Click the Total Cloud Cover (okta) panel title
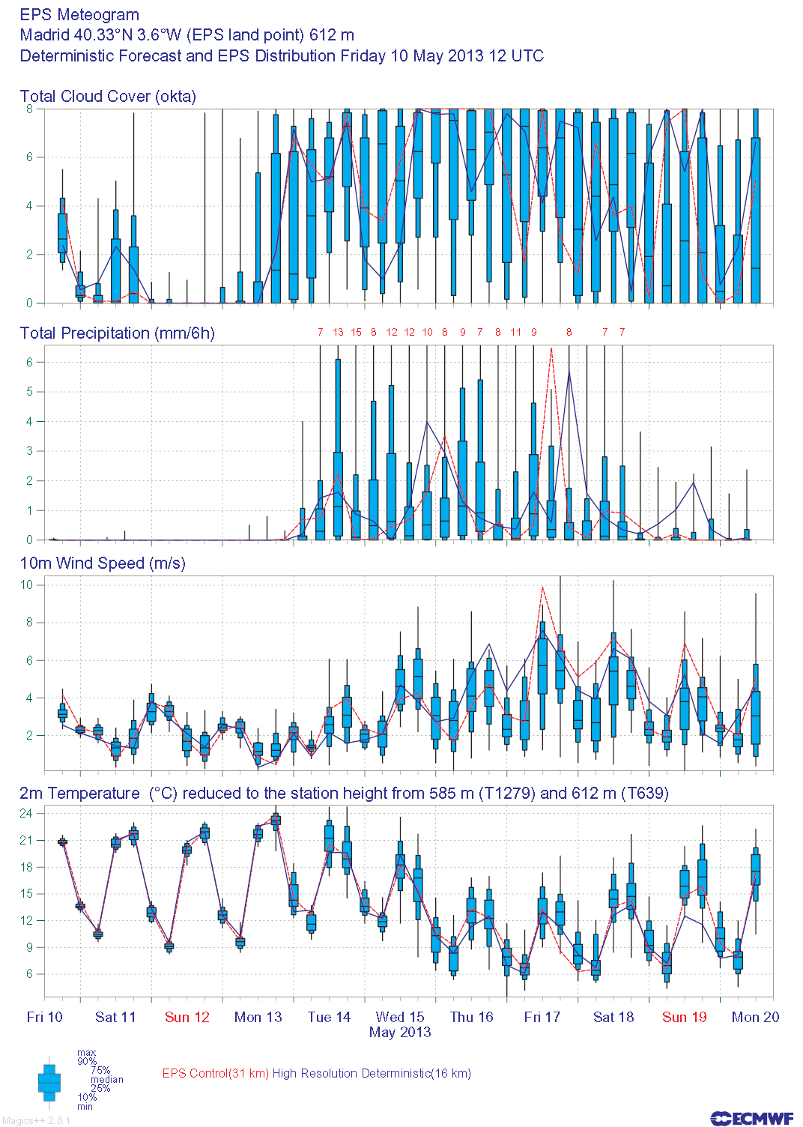pyautogui.click(x=108, y=97)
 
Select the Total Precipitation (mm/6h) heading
pyautogui.click(x=117, y=333)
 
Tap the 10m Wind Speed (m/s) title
pyautogui.click(x=103, y=563)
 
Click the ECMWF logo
pyautogui.click(x=751, y=1119)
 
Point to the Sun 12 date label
pyautogui.click(x=187, y=1018)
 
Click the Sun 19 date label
pyautogui.click(x=685, y=1018)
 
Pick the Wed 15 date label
pyautogui.click(x=400, y=1018)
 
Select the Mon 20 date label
pyautogui.click(x=755, y=1018)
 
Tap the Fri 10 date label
pyautogui.click(x=45, y=1018)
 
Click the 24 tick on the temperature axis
pyautogui.click(x=27, y=814)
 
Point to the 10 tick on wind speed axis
pyautogui.click(x=27, y=585)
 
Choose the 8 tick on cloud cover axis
pyautogui.click(x=30, y=109)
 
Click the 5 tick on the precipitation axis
pyautogui.click(x=30, y=392)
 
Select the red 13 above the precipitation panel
pyautogui.click(x=338, y=332)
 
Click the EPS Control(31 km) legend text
pyautogui.click(x=216, y=1074)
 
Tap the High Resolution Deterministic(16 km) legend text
pyautogui.click(x=372, y=1074)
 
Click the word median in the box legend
pyautogui.click(x=106, y=1080)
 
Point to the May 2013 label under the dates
pyautogui.click(x=400, y=1033)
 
